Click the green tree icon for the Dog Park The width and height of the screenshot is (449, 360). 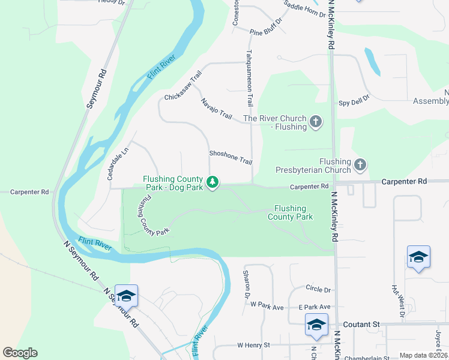(x=211, y=182)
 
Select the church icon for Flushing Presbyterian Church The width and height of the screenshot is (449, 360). (x=360, y=164)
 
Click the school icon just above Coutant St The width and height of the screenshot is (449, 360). (x=316, y=325)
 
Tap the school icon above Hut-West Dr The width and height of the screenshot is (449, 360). (x=418, y=257)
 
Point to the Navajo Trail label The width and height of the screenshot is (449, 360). (x=217, y=107)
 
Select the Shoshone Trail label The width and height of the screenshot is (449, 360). (x=231, y=157)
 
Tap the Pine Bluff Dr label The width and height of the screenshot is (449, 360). (x=265, y=32)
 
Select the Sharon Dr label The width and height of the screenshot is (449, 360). (x=246, y=284)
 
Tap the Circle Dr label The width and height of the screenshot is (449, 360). (x=318, y=289)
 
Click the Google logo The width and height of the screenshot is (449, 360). (x=20, y=353)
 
